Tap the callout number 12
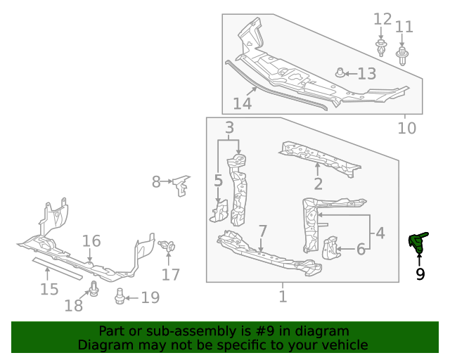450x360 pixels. pyautogui.click(x=382, y=18)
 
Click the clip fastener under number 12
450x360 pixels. pyautogui.click(x=380, y=49)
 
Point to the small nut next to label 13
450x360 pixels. pyautogui.click(x=340, y=72)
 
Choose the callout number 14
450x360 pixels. pyautogui.click(x=242, y=103)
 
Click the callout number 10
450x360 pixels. pyautogui.click(x=406, y=128)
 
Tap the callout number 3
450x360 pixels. pyautogui.click(x=229, y=127)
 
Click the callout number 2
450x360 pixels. pyautogui.click(x=318, y=184)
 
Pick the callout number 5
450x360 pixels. pyautogui.click(x=219, y=181)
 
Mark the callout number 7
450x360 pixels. pyautogui.click(x=262, y=231)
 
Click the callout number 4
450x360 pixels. pyautogui.click(x=379, y=232)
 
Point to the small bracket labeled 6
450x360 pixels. pyautogui.click(x=329, y=248)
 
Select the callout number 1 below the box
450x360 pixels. pyautogui.click(x=283, y=297)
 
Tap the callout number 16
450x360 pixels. pyautogui.click(x=91, y=241)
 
